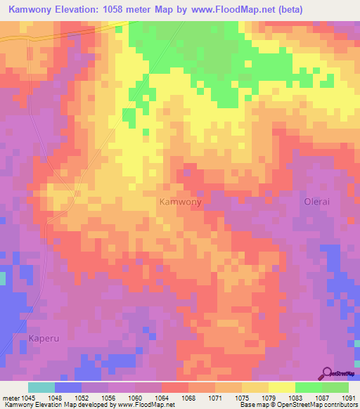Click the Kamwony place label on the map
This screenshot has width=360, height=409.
coord(180,202)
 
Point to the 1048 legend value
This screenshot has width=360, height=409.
coord(55,398)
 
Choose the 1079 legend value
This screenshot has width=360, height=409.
coord(269,398)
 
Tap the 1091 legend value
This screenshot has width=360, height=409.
coord(348,398)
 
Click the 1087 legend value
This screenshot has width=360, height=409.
coord(323,398)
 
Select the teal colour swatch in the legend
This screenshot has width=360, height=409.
coord(41,387)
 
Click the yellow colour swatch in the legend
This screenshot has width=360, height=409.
coord(281,387)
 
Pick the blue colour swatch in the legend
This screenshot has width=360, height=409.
coord(68,387)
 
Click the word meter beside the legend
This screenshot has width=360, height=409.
coord(10,398)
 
